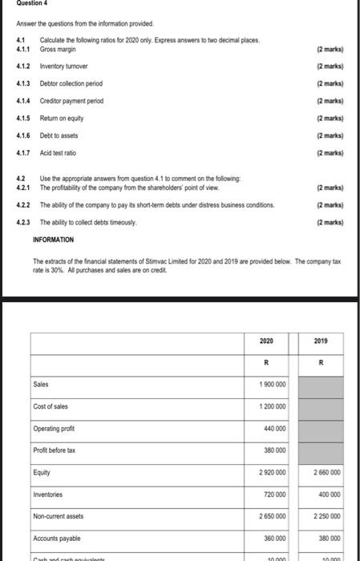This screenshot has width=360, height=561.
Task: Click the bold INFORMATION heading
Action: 53,240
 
